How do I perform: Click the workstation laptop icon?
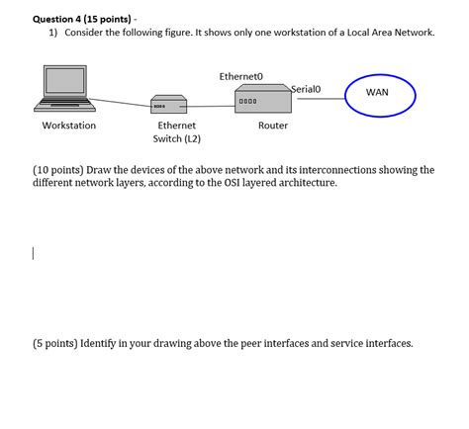[67, 88]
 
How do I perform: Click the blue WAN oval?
[380, 93]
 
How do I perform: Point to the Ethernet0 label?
[242, 76]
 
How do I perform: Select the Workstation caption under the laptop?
[69, 127]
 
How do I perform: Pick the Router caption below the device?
[272, 127]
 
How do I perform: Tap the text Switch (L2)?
[177, 139]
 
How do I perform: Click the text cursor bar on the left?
[33, 254]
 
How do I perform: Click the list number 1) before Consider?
[54, 33]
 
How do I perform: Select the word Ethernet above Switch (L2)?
[177, 127]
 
